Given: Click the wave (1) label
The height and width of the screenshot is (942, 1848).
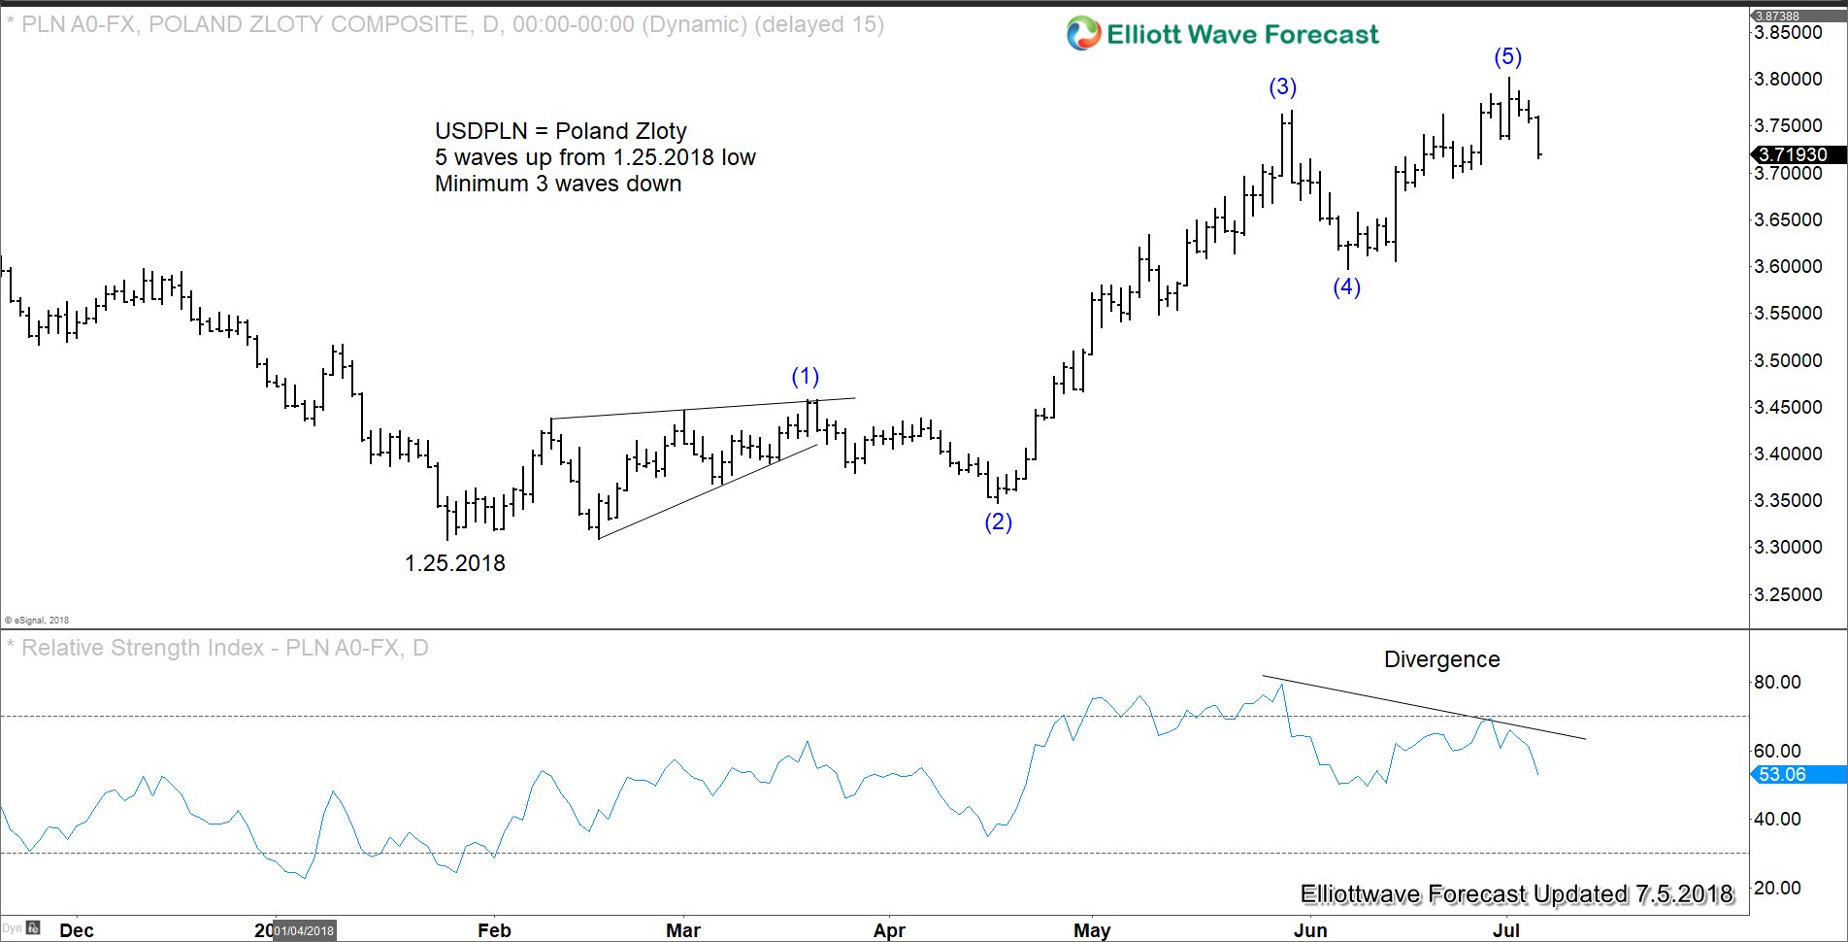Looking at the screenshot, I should click(x=805, y=377).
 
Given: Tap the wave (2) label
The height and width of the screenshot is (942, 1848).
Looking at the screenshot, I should click(x=998, y=522).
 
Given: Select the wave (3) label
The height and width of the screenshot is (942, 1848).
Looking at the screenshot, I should click(x=1282, y=87).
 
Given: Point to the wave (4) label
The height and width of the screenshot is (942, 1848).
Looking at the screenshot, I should click(x=1346, y=286).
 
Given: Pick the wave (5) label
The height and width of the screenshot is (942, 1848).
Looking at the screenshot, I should click(x=1507, y=57).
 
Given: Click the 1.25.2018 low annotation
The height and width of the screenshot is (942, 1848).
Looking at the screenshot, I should click(x=454, y=563).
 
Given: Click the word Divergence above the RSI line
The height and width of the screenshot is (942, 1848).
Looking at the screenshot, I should click(x=1441, y=660).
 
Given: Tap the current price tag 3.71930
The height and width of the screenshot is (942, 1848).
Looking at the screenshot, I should click(x=1793, y=154).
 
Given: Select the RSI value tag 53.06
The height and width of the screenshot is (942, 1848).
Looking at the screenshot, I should click(x=1783, y=775).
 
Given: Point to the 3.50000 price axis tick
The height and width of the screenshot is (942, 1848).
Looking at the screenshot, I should click(x=1788, y=360).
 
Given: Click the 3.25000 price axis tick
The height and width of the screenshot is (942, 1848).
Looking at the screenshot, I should click(x=1788, y=594).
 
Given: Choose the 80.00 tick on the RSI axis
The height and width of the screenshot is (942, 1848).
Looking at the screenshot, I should click(x=1777, y=683).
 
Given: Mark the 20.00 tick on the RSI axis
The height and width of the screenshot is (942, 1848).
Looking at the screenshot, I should click(x=1777, y=888).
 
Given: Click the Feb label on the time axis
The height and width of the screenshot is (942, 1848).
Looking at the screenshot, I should click(x=494, y=930).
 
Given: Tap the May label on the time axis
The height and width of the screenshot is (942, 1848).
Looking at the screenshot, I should click(x=1092, y=930).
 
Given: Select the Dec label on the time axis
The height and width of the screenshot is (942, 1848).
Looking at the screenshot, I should click(x=77, y=930).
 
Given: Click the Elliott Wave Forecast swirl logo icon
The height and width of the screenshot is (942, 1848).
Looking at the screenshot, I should click(x=1083, y=35).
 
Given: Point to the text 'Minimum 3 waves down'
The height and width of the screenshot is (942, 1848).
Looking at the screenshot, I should click(x=558, y=185).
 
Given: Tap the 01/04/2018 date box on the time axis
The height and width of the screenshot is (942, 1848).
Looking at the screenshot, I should click(x=304, y=930).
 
